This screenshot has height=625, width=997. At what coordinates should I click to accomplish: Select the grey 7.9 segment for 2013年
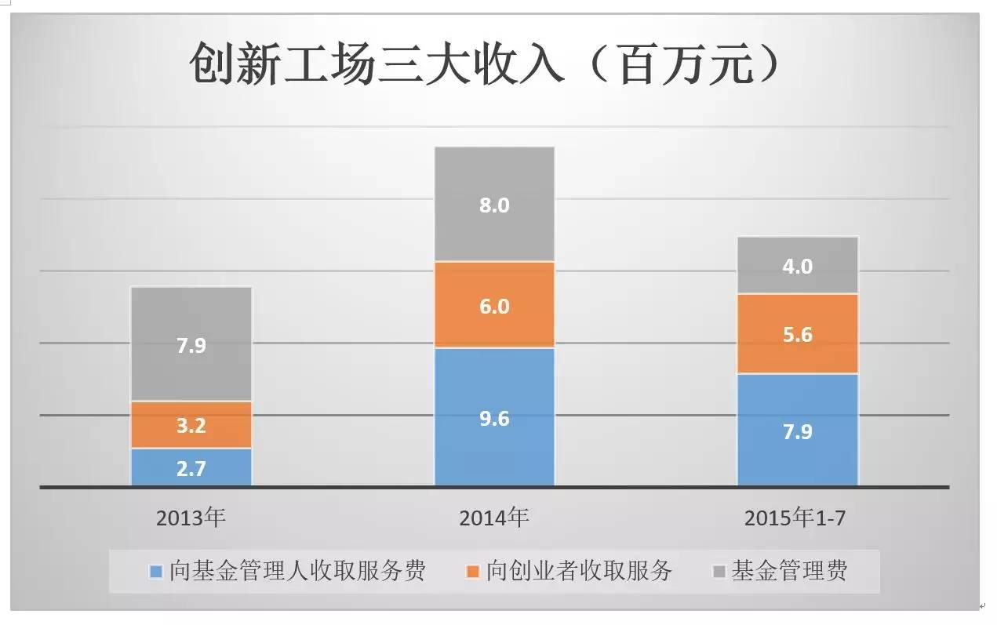tap(191, 343)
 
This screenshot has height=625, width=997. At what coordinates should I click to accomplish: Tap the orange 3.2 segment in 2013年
tap(191, 425)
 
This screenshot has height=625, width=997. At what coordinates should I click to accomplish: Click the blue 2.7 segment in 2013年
tap(191, 467)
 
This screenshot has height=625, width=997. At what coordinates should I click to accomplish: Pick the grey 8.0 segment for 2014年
tap(494, 204)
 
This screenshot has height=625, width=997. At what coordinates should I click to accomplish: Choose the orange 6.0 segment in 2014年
tap(494, 304)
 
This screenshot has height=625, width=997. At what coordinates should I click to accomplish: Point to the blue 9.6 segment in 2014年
tap(494, 417)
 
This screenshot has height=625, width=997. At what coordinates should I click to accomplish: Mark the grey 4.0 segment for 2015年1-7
tap(797, 265)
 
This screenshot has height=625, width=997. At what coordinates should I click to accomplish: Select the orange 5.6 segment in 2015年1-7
tap(797, 334)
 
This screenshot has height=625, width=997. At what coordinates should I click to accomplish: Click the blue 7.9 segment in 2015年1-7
tap(797, 431)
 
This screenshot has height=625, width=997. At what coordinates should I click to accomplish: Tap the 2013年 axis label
tap(191, 518)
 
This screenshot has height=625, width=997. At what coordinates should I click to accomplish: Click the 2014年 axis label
tap(494, 518)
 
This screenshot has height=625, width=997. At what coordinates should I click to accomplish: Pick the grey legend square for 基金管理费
tap(719, 571)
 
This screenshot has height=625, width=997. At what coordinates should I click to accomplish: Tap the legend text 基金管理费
tap(789, 570)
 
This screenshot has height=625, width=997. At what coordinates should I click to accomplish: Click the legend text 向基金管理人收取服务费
tap(297, 570)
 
